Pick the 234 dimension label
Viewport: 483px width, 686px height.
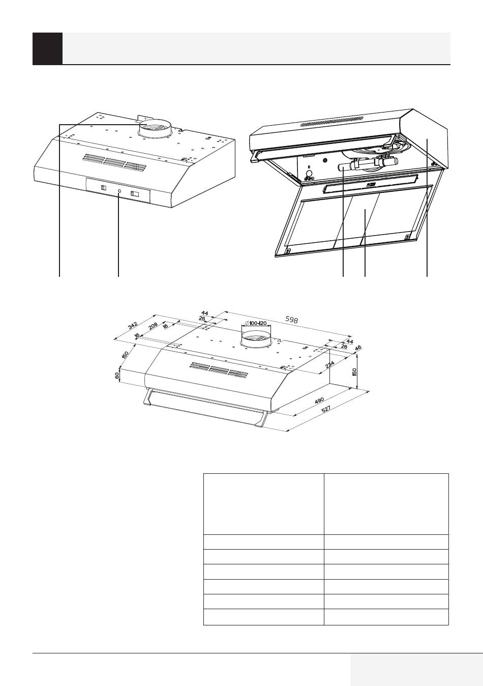(329, 364)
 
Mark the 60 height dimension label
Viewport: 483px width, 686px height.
(117, 376)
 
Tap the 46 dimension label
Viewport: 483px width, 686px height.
(357, 349)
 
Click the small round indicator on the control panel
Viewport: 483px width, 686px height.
(119, 191)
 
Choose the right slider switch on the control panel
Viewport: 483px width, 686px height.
(135, 193)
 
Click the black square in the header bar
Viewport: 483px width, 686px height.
(47, 48)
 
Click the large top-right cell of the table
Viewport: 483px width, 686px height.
(386, 504)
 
